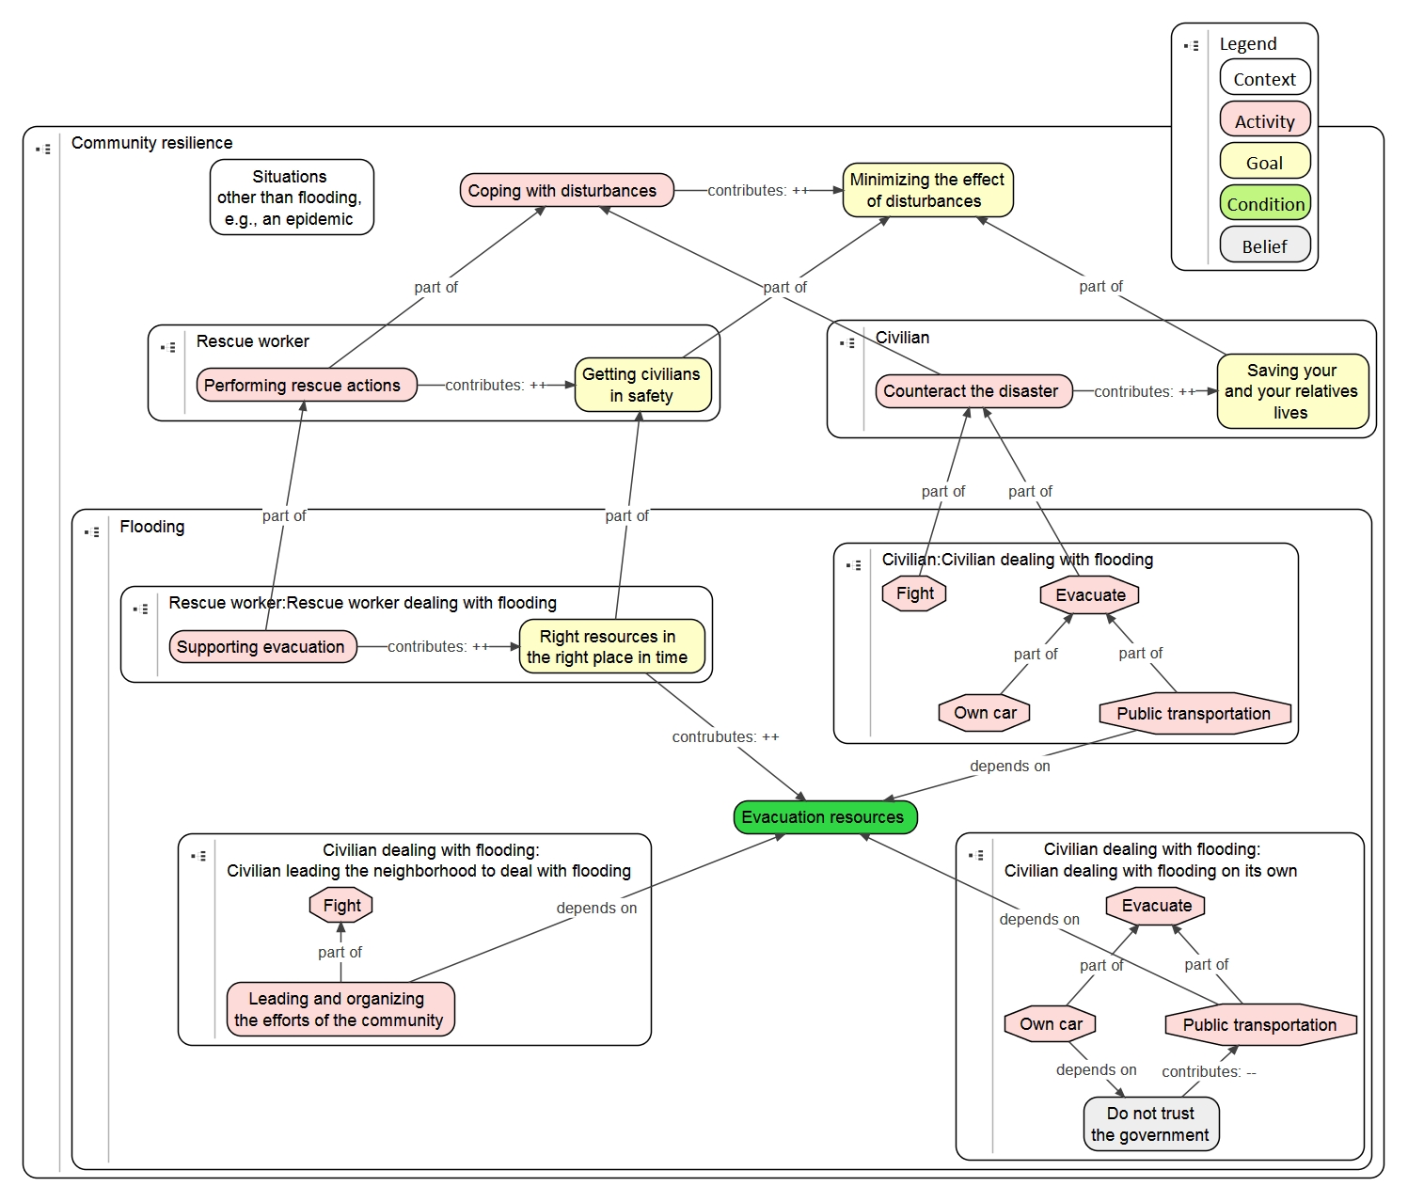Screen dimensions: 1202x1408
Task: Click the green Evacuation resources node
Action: click(824, 817)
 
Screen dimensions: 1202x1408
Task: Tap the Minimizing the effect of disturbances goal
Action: click(926, 190)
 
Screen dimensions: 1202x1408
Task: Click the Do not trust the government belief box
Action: click(1150, 1124)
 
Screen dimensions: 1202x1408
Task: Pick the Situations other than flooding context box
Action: click(291, 198)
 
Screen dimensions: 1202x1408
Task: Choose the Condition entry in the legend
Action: click(1264, 204)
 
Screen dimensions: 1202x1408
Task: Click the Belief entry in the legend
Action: click(1264, 246)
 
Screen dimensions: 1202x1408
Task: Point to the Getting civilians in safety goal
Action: click(642, 386)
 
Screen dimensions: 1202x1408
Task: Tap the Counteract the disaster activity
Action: click(973, 391)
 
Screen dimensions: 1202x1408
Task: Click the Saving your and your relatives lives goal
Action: click(1291, 391)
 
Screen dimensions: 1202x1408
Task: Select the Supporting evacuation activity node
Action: click(262, 647)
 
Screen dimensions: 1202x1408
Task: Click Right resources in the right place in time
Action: click(610, 647)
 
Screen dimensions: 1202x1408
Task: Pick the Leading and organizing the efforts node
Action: click(340, 1009)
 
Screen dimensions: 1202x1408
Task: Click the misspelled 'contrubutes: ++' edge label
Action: click(725, 737)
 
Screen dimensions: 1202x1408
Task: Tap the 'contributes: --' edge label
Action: click(1209, 1072)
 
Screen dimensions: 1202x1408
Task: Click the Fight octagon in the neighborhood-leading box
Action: click(341, 906)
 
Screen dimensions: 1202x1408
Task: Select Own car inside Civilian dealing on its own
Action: click(1051, 1024)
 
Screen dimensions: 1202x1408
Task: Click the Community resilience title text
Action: click(152, 143)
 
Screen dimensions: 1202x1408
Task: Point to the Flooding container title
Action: click(152, 527)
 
